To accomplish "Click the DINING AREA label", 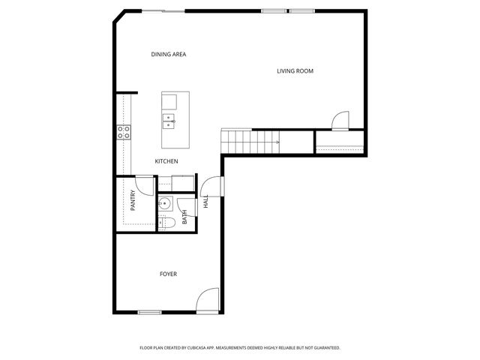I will tap(168, 54).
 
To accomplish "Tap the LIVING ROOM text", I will tap(295, 71).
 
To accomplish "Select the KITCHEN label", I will tap(166, 161).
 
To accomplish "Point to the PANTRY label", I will tap(133, 200).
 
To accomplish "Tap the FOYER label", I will tap(168, 274).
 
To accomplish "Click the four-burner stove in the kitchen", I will tap(124, 133).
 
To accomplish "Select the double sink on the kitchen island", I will tap(169, 120).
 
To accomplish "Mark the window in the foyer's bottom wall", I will tap(149, 312).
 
